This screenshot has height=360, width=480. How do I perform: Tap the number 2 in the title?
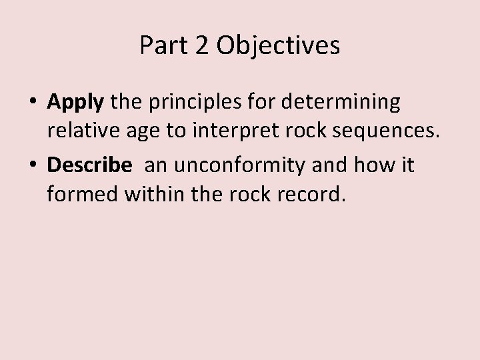click(x=199, y=46)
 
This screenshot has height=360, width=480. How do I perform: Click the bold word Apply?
click(x=76, y=103)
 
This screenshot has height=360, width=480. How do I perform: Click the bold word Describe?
click(x=90, y=164)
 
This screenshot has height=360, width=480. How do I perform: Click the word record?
click(x=317, y=195)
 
